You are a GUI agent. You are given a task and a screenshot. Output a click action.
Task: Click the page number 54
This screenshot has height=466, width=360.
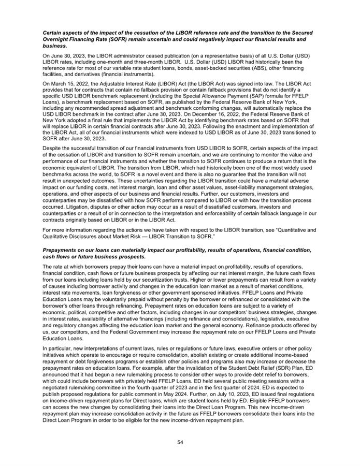180,442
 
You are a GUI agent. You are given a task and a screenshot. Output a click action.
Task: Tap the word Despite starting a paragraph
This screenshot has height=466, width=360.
52,148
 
